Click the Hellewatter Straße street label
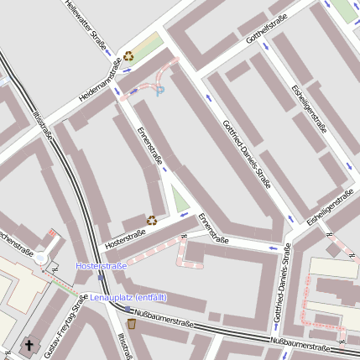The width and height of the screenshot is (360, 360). (87, 25)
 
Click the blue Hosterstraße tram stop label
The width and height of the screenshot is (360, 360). (101, 266)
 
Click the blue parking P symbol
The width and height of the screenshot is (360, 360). (160, 90)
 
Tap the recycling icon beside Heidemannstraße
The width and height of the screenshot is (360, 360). (128, 56)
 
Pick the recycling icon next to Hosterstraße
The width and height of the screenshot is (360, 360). (152, 220)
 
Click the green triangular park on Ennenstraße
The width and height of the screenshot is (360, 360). (180, 201)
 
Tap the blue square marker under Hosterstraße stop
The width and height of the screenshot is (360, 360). (101, 276)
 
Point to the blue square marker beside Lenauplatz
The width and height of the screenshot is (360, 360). (83, 297)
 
